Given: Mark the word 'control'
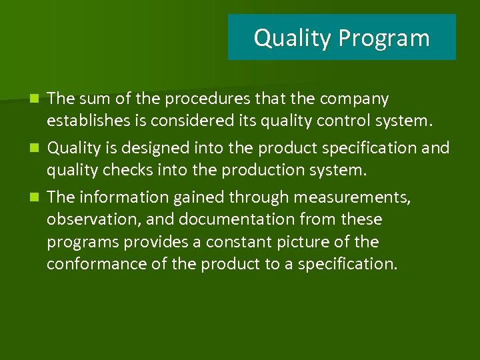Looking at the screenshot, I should tap(347, 121).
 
